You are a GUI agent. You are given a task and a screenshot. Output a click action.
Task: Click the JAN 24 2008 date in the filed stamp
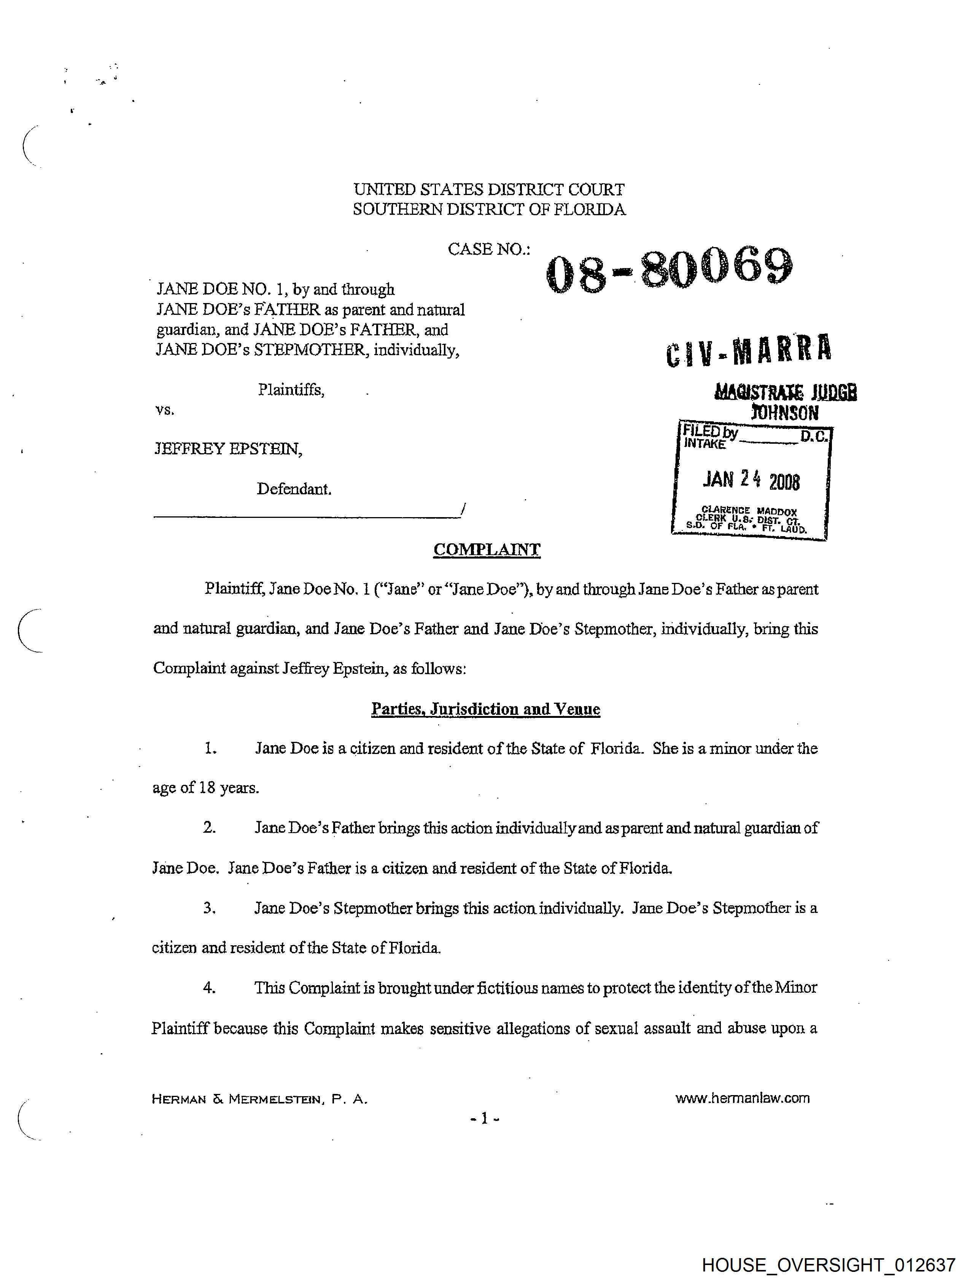click(751, 480)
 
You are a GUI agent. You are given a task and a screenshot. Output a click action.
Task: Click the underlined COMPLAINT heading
click(487, 549)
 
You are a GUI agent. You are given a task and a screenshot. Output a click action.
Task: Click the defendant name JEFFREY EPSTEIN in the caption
click(228, 449)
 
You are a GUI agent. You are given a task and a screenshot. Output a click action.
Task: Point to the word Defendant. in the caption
click(294, 489)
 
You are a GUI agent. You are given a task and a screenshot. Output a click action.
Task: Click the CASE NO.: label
click(488, 249)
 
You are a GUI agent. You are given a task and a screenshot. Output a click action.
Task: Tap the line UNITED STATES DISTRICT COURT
click(489, 189)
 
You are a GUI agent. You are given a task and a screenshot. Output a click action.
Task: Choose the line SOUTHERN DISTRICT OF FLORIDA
click(489, 209)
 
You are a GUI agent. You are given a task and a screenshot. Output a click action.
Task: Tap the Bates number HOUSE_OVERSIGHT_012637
click(828, 1265)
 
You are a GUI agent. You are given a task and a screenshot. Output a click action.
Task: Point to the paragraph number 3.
click(209, 908)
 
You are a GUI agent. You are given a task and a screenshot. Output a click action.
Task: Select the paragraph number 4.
click(209, 988)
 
